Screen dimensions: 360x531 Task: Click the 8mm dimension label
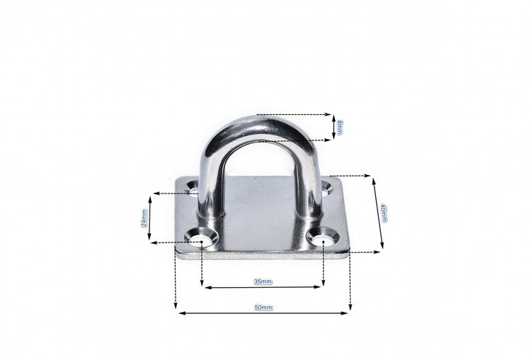pos(341,128)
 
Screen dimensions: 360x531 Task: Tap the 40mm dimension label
pos(383,212)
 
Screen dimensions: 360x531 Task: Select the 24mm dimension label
pos(145,218)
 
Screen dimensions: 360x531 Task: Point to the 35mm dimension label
pos(262,282)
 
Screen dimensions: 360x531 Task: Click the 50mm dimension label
pos(263,308)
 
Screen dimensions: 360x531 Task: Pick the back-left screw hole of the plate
pos(194,191)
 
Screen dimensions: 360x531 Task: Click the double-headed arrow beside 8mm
pos(333,128)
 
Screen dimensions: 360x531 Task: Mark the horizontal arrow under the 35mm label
pos(263,287)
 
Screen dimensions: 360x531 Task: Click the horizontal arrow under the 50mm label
pos(263,313)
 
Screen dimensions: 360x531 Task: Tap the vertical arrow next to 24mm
pos(154,218)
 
